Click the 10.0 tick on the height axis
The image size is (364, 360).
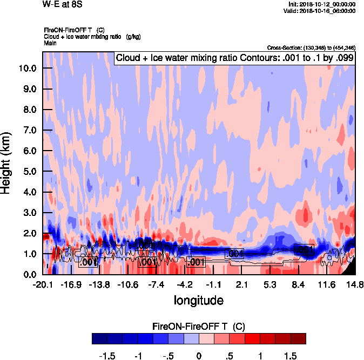click(27, 69)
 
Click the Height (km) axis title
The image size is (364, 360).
click(7, 162)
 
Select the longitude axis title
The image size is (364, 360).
click(198, 300)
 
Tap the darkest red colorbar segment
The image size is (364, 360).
click(299, 338)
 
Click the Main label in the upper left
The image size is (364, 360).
click(50, 42)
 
